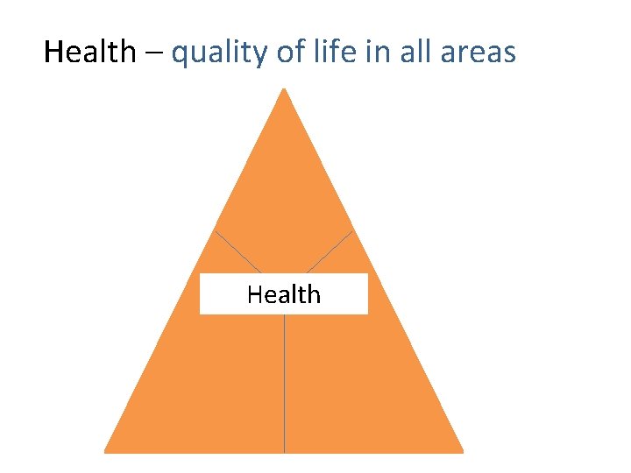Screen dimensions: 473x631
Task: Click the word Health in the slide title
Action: coord(89,53)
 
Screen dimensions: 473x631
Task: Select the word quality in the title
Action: coord(219,54)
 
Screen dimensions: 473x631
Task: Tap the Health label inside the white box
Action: coord(284,294)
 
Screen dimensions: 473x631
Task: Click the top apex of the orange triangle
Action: coord(284,90)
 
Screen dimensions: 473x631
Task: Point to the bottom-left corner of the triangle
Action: coord(107,451)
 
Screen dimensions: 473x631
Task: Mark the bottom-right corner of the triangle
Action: coord(461,451)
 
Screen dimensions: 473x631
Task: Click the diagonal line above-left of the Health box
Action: coord(238,252)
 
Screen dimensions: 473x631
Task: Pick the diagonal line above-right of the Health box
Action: coord(330,252)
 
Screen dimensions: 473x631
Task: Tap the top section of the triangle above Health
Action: coord(284,193)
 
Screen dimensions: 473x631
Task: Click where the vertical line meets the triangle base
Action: coord(285,452)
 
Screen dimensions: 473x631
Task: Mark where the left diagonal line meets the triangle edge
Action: coord(215,231)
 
